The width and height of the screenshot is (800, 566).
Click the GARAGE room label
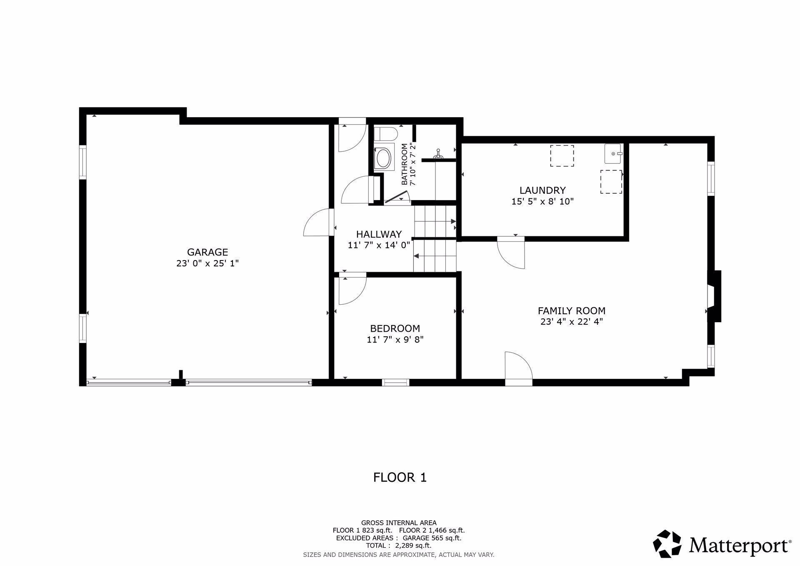coord(207,252)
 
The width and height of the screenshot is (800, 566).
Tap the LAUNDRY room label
coord(542,190)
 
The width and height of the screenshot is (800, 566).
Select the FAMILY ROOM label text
coord(571,311)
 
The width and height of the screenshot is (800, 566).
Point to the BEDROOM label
coord(395,328)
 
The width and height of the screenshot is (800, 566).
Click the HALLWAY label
coord(379,234)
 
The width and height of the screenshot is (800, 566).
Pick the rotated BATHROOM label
coord(404,164)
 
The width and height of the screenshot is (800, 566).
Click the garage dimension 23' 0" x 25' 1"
coord(207,263)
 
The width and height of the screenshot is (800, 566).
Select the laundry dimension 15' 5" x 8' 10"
coord(542,202)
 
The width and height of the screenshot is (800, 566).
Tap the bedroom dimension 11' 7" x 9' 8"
coord(395,340)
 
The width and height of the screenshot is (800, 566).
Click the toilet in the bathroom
coord(385,134)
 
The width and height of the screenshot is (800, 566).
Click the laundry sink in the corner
coord(613,154)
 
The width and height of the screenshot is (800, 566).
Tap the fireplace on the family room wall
coord(714,296)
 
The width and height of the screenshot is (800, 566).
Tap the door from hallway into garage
coord(319,223)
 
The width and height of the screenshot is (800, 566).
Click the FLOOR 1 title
coord(400,477)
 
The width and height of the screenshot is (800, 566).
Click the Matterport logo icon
coord(667,543)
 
